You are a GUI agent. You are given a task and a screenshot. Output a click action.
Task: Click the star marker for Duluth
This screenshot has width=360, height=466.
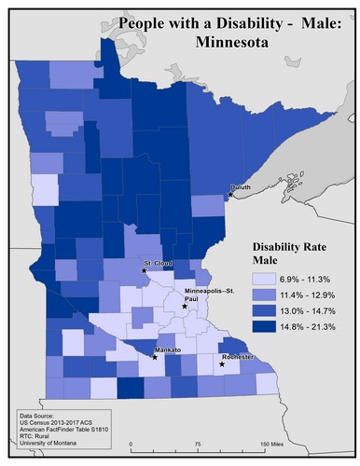[229, 194]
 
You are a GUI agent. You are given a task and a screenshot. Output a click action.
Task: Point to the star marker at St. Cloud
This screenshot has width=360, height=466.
[144, 270]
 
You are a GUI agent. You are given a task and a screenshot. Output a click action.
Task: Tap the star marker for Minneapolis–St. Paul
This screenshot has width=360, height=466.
[185, 306]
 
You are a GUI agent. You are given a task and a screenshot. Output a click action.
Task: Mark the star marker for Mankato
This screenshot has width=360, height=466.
[154, 356]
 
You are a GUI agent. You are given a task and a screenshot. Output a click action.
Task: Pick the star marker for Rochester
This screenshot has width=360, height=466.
[222, 364]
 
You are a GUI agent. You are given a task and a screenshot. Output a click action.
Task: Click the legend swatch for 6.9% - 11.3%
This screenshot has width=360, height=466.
[264, 279]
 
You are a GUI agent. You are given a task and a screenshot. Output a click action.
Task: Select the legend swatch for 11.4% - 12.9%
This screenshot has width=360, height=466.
[264, 295]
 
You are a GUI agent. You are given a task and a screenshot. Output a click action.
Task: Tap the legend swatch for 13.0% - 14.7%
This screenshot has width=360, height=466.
[264, 310]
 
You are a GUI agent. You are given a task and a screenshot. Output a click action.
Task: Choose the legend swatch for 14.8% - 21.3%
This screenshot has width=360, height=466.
[264, 326]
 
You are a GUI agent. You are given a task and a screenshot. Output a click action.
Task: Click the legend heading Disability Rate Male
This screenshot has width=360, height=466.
[290, 254]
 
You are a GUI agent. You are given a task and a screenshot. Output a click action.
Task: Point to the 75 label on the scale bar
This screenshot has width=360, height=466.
[198, 444]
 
